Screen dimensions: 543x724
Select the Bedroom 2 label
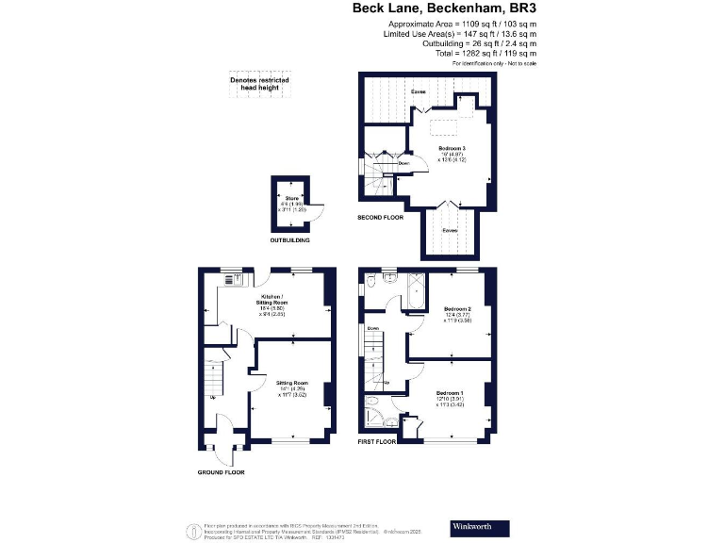(x=456, y=308)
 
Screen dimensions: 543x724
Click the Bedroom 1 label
(x=450, y=392)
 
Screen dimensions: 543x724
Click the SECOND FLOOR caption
(x=380, y=218)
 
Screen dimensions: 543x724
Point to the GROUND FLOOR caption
(x=221, y=471)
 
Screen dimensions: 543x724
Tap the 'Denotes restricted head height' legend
(x=260, y=82)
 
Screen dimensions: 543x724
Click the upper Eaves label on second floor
(x=418, y=91)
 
